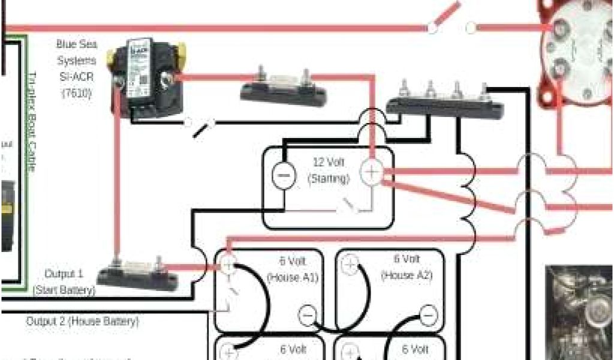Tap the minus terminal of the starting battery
point(283,174)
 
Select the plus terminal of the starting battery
point(372,173)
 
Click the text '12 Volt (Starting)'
point(329,170)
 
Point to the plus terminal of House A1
point(229,265)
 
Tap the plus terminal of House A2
point(351,264)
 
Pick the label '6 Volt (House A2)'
point(406,267)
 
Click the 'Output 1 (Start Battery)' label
point(64,282)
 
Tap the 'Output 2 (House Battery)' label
point(82,322)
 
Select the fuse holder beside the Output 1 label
point(138,273)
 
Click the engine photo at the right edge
point(579,312)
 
